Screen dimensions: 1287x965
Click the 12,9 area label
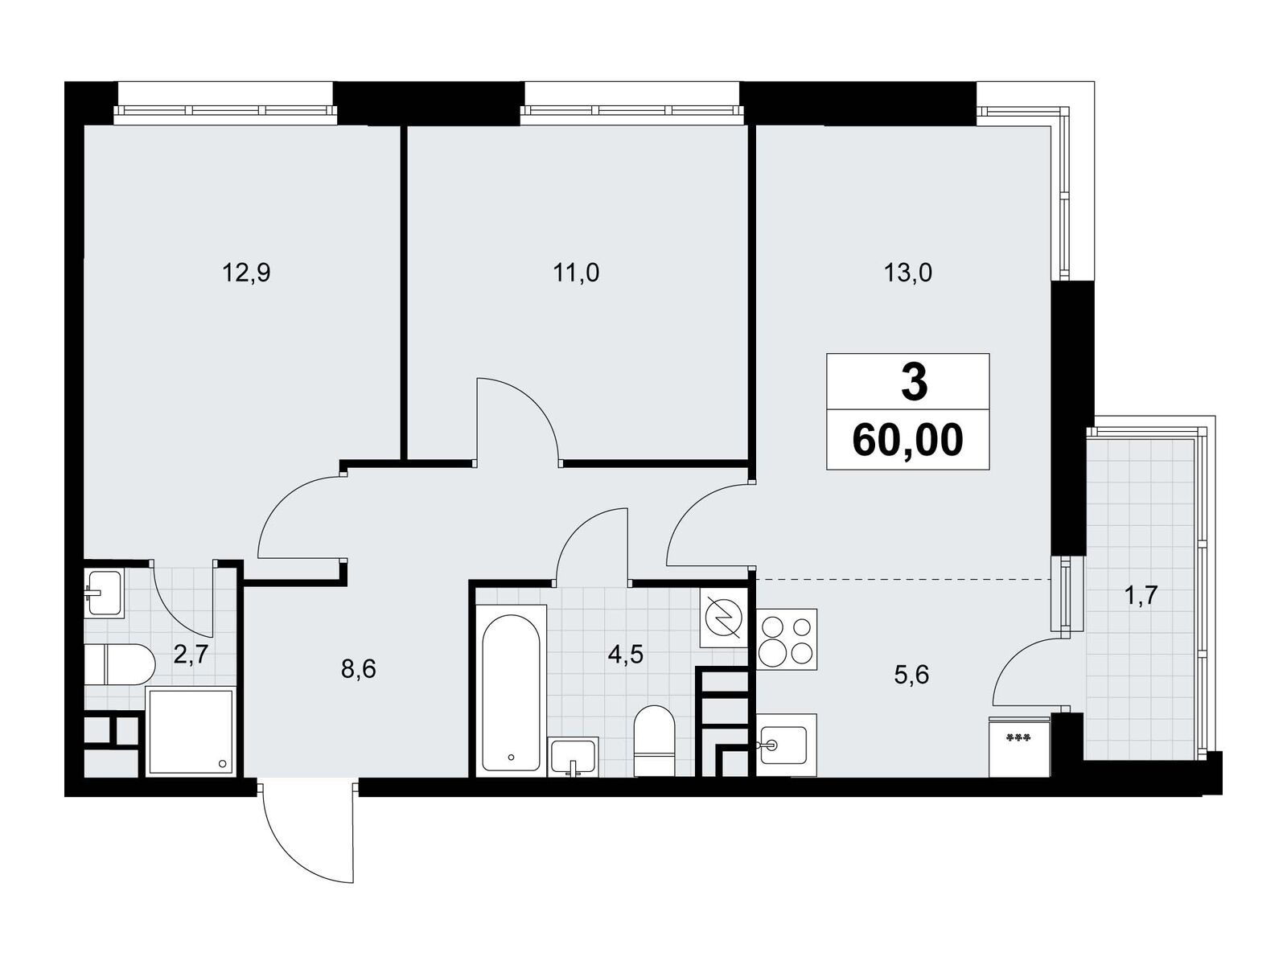coord(246,273)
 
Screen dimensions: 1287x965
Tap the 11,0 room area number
coord(577,273)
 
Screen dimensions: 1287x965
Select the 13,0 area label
coord(908,273)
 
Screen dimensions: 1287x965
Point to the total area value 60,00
coord(907,440)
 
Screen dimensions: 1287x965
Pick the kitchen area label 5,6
coord(911,675)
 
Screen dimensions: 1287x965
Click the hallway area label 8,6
coord(358,669)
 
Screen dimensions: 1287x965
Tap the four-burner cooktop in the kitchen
coord(787,639)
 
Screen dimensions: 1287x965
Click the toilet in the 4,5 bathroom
coord(655,741)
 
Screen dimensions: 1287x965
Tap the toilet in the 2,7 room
coord(120,664)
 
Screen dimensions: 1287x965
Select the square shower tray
coord(191,733)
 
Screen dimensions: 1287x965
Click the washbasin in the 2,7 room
coord(105,593)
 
